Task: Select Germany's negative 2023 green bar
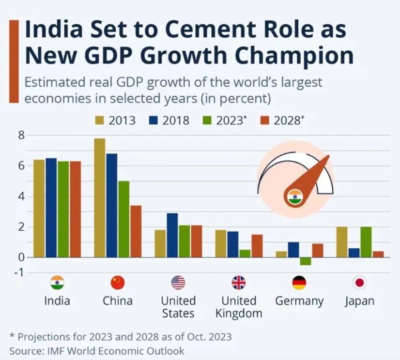click(x=306, y=261)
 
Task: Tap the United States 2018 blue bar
click(x=172, y=235)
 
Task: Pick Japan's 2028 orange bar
click(x=378, y=255)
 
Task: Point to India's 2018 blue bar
click(x=51, y=208)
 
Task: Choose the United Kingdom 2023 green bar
click(x=245, y=254)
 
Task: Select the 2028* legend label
click(x=289, y=120)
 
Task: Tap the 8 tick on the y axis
click(x=21, y=135)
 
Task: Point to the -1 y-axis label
click(x=19, y=272)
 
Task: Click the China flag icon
click(x=118, y=283)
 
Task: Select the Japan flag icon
click(x=360, y=283)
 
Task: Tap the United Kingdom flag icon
click(x=239, y=283)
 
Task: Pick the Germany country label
click(x=299, y=300)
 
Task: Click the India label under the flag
click(x=57, y=300)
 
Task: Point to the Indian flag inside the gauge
click(x=295, y=197)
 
